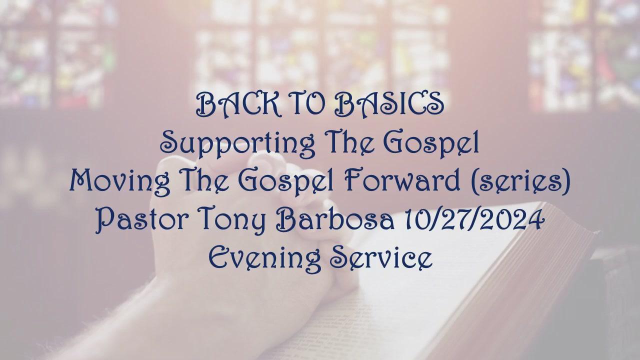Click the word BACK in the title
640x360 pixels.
(238, 105)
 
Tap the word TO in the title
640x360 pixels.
(307, 105)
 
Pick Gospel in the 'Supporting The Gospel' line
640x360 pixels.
(431, 144)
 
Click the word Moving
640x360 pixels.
(120, 183)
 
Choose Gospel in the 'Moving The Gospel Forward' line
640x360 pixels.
(285, 183)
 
